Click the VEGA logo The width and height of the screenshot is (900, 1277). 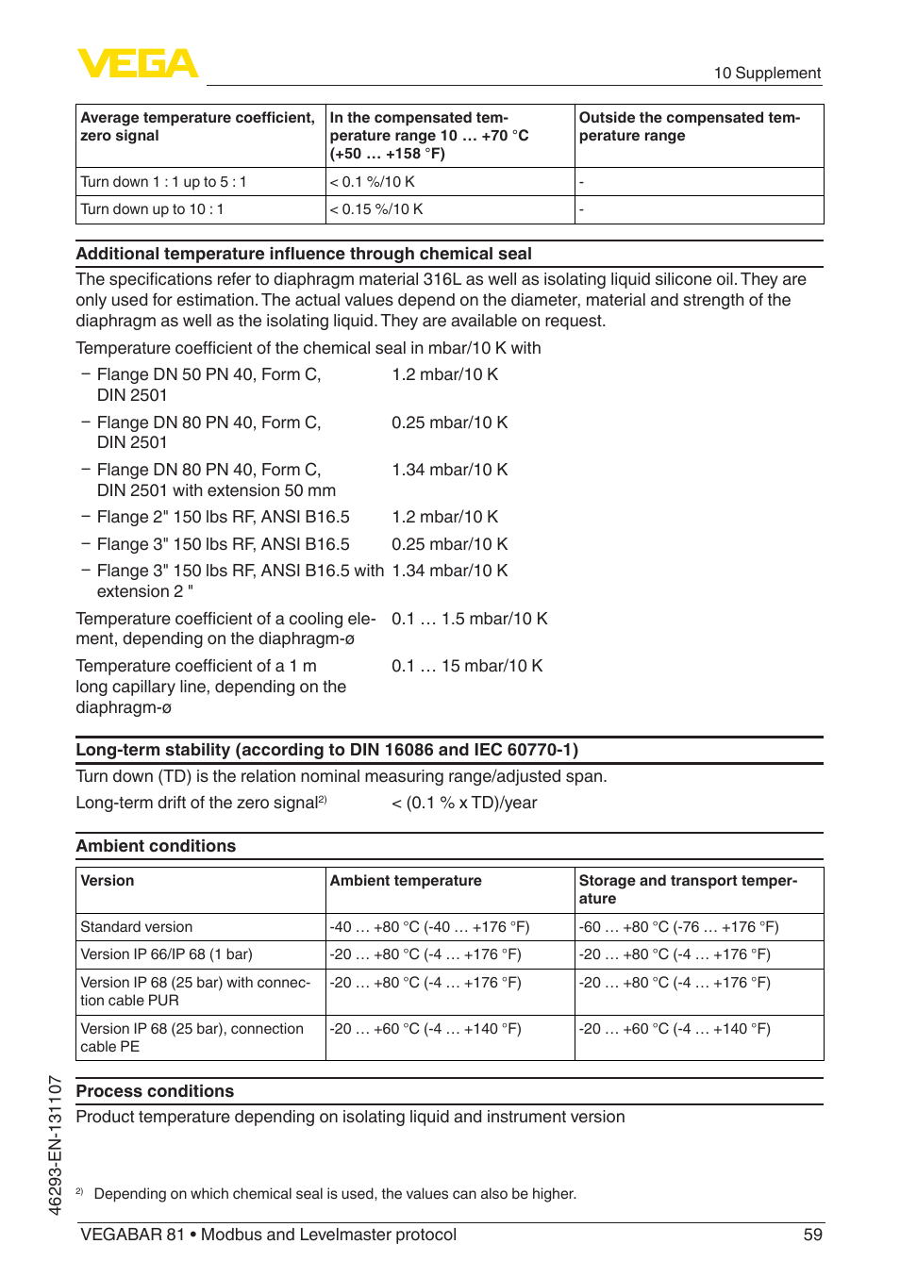click(138, 63)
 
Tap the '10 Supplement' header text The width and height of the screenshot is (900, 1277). click(766, 74)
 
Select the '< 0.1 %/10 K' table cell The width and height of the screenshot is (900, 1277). click(373, 182)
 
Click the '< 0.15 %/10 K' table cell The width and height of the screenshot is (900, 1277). click(376, 209)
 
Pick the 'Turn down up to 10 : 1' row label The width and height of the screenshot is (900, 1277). click(152, 209)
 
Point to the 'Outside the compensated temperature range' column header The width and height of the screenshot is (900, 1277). click(689, 126)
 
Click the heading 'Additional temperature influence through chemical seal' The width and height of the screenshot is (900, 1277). click(303, 254)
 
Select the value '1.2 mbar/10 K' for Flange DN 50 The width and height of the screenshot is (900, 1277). click(444, 374)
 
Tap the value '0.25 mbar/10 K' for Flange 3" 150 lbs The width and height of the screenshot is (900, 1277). click(449, 544)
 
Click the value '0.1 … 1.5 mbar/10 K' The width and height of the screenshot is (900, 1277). click(469, 619)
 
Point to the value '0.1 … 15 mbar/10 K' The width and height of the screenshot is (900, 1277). click(467, 666)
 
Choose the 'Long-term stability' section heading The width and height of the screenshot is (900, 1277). click(326, 750)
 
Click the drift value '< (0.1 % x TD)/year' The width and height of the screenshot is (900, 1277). click(463, 803)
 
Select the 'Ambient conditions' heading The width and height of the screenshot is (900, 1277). click(156, 846)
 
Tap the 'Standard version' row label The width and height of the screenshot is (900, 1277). click(136, 927)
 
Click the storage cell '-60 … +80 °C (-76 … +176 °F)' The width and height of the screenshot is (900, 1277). click(678, 927)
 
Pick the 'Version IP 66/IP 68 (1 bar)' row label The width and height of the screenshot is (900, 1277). click(166, 954)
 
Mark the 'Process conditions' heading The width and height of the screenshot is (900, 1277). click(155, 1091)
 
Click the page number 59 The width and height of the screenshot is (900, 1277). click(812, 1235)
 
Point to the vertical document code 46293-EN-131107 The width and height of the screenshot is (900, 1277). click(56, 1145)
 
